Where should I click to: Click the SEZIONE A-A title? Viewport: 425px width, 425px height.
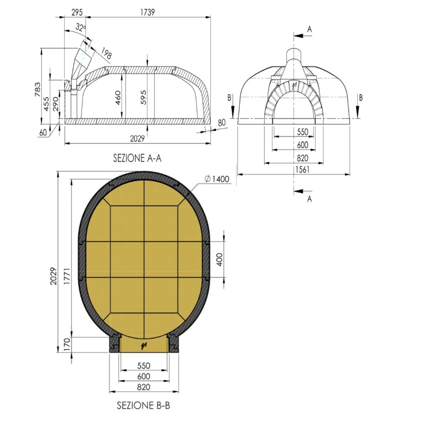pos(137,158)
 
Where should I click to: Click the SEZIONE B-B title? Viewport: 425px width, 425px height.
pos(143,405)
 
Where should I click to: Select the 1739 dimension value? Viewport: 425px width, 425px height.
pos(148,12)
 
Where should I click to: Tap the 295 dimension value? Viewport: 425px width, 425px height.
pos(77,12)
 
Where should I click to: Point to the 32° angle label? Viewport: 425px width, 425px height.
pos(81,28)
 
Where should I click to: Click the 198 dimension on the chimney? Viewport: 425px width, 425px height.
pos(106,53)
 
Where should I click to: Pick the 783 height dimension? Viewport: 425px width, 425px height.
pos(38,89)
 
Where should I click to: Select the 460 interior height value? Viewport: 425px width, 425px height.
pos(117,98)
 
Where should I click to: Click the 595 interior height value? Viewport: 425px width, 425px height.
pos(143,97)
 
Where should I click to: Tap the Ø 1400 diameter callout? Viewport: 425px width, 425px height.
pos(217,179)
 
